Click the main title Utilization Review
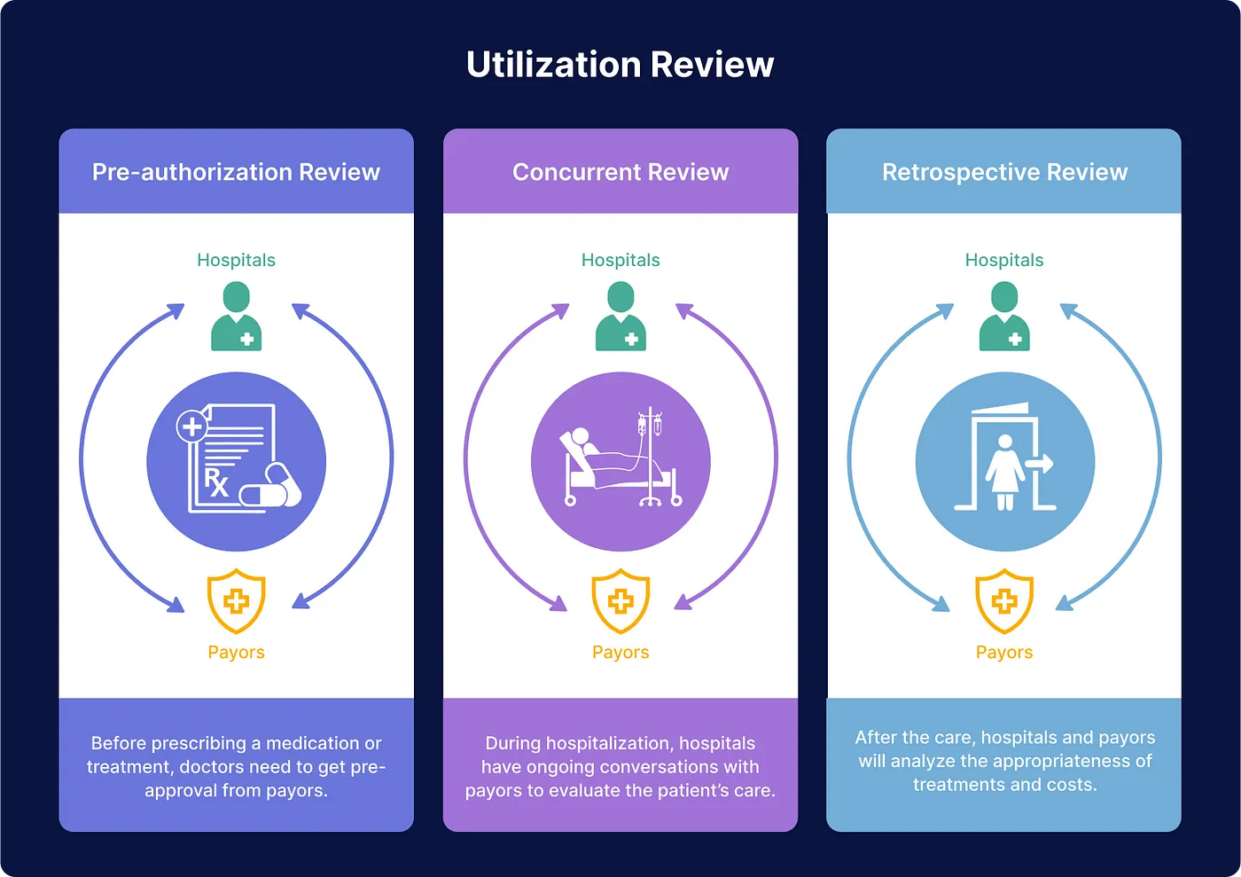(x=620, y=65)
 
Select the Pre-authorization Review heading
(x=236, y=172)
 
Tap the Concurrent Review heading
(x=620, y=172)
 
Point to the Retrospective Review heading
(x=1004, y=172)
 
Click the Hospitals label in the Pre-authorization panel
(x=236, y=260)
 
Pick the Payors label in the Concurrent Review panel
(x=620, y=653)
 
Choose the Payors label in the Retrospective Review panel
(x=1004, y=653)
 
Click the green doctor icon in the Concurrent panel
(x=620, y=317)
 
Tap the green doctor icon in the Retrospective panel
(x=1004, y=317)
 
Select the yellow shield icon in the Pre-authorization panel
(x=236, y=601)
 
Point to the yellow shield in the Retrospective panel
(x=1004, y=601)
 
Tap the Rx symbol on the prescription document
(x=216, y=482)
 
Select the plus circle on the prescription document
(x=191, y=427)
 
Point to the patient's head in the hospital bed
(x=581, y=436)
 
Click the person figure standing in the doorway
(x=1005, y=470)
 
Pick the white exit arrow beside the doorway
(x=1040, y=464)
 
